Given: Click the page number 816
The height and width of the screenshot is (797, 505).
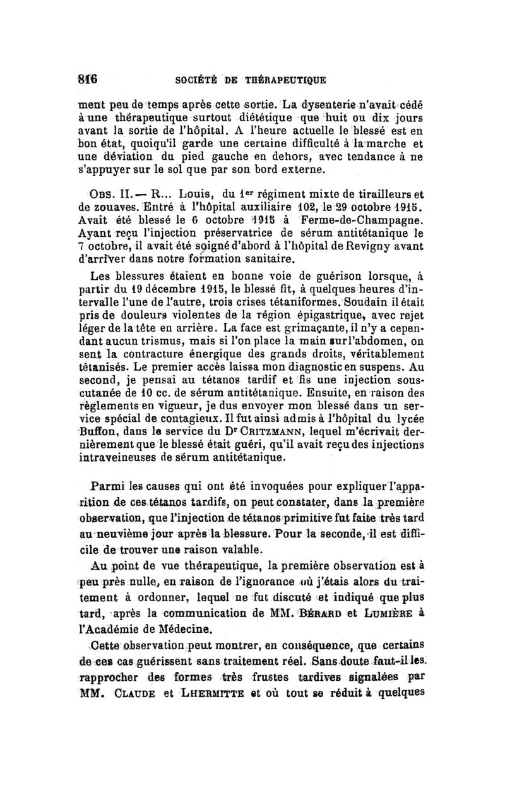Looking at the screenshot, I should tap(88, 79).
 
